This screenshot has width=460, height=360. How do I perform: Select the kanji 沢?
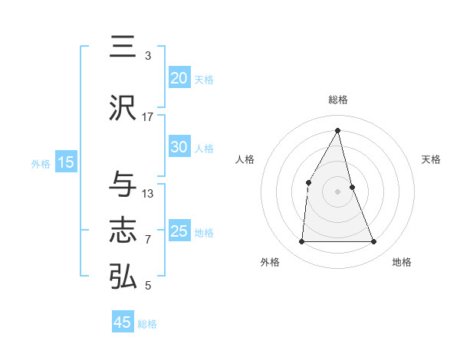click(x=123, y=108)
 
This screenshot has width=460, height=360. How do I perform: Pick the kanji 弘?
click(x=123, y=277)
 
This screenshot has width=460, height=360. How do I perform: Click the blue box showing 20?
click(x=179, y=78)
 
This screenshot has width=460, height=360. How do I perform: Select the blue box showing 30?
click(x=179, y=147)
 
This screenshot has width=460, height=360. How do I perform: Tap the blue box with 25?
click(x=179, y=231)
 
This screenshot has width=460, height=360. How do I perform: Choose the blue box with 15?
click(x=66, y=162)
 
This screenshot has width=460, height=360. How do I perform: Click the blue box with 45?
click(x=123, y=322)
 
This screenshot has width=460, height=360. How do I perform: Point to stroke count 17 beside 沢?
click(x=148, y=116)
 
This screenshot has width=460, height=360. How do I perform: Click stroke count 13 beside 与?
click(x=148, y=193)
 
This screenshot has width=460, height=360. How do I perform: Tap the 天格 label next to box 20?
click(x=204, y=79)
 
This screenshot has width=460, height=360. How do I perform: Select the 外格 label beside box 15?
click(x=41, y=163)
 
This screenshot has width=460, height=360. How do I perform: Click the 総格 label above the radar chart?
click(x=338, y=100)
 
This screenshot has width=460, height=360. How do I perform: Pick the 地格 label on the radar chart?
click(x=402, y=262)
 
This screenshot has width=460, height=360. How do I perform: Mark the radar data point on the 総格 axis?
click(x=338, y=130)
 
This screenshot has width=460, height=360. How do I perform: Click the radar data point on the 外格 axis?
click(x=301, y=242)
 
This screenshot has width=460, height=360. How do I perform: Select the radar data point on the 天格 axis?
click(x=352, y=187)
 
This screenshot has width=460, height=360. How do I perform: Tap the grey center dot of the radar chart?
click(x=338, y=191)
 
